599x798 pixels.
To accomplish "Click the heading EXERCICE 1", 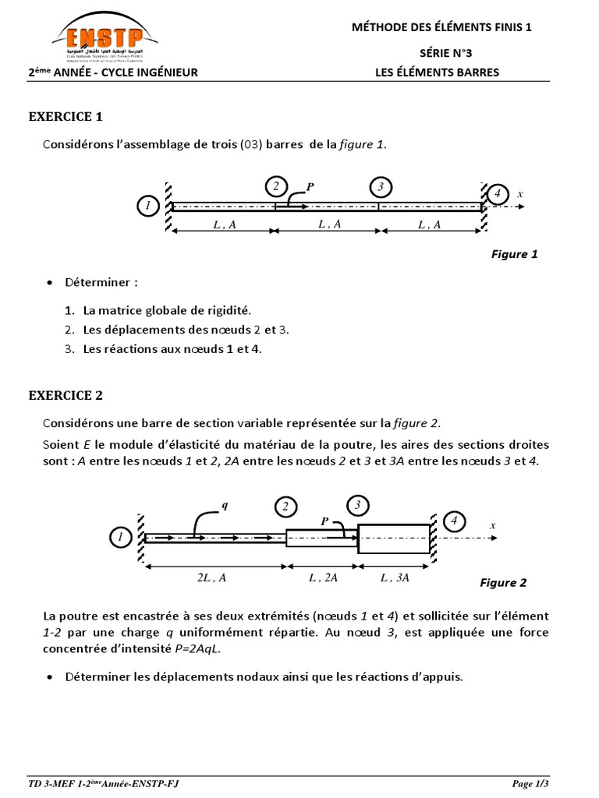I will pos(66,117).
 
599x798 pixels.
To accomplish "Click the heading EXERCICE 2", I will pos(66,395).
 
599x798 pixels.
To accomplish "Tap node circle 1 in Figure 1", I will pos(147,206).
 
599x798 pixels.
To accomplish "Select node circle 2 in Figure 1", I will pos(275,186).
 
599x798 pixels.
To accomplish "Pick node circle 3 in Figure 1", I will pos(380,186).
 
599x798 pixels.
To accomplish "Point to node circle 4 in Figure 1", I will pos(497,192).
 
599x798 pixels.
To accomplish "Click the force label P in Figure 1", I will pos(310,187).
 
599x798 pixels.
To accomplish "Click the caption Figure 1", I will pos(514,254).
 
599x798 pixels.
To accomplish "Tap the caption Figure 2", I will pos(503,583).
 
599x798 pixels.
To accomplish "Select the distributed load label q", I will pos(225,504).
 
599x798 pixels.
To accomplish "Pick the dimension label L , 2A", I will pos(322,577).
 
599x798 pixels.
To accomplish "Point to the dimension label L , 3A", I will pos(395,577).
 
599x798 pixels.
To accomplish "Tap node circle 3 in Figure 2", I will pos(357,506).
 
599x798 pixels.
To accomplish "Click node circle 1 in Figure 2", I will pos(121,538).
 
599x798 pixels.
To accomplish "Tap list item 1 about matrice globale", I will pos(168,309).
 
